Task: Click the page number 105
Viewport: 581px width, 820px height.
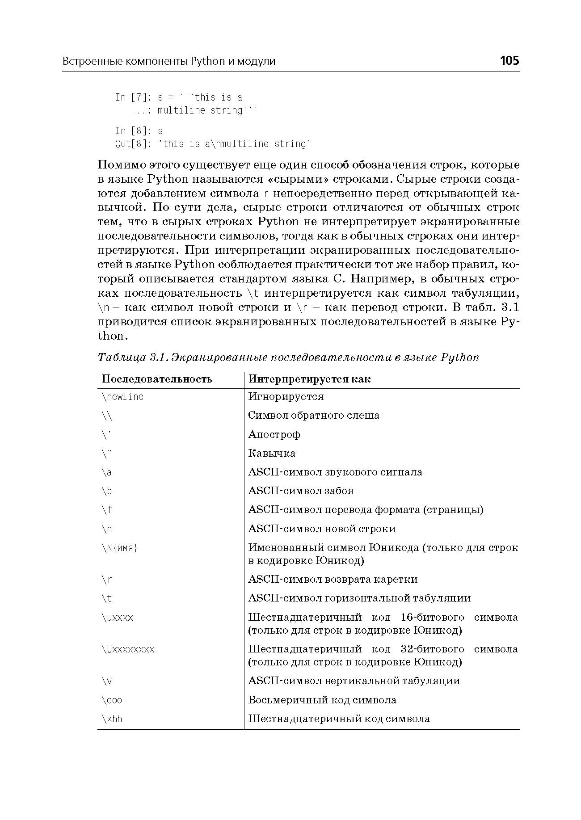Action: [x=509, y=60]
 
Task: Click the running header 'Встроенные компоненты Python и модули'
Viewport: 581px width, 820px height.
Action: [x=169, y=61]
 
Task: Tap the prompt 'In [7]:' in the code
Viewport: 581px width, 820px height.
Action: [x=133, y=97]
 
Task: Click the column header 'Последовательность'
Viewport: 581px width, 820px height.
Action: [x=157, y=379]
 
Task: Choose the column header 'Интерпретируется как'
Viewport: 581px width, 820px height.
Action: [x=309, y=379]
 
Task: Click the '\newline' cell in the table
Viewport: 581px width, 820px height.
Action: [x=123, y=397]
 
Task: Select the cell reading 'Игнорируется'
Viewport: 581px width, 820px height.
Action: [x=286, y=397]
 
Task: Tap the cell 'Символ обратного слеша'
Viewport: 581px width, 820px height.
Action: [x=314, y=416]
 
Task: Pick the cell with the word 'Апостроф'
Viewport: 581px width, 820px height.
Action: [x=274, y=434]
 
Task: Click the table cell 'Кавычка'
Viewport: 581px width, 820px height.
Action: [x=272, y=453]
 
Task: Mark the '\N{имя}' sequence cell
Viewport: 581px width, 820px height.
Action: [x=120, y=548]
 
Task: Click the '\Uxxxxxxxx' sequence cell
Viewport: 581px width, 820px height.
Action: [x=128, y=649]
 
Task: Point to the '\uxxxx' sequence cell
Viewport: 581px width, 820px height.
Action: [x=118, y=618]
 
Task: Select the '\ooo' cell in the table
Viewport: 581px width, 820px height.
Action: [x=112, y=700]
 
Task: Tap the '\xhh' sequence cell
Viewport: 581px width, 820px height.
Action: [x=112, y=719]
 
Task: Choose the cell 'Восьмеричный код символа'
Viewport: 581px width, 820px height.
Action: [x=322, y=700]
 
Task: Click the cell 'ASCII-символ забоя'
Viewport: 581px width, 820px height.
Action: [x=301, y=491]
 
